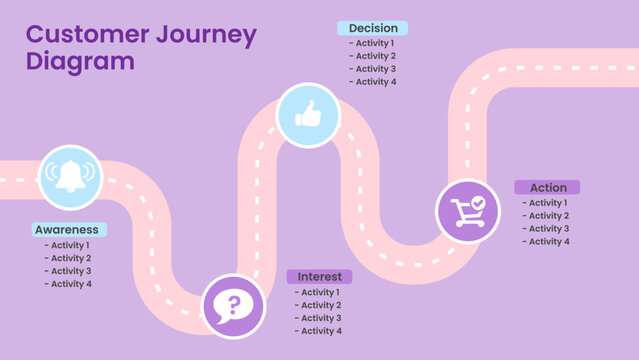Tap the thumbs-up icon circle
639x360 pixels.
(308, 115)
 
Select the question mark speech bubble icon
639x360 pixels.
(234, 305)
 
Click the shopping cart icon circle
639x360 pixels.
(468, 210)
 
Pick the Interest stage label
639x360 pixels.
(319, 276)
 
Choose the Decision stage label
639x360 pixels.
(373, 28)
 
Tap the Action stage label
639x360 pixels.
(548, 187)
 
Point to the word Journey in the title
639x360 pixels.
(218, 35)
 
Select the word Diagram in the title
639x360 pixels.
(79, 61)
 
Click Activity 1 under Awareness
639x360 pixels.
(68, 245)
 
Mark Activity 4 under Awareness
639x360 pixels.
(68, 284)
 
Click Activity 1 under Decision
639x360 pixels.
(373, 43)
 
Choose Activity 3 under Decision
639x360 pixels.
(373, 69)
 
